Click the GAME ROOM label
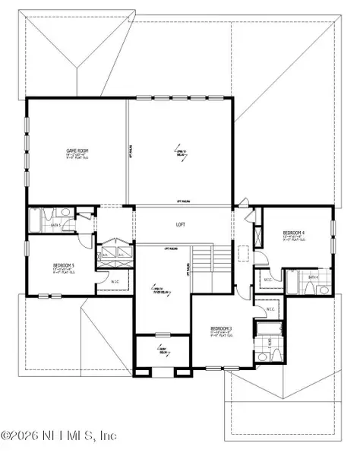77,152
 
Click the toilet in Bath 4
322,290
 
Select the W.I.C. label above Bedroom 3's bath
270,309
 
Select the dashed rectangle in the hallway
243,254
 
